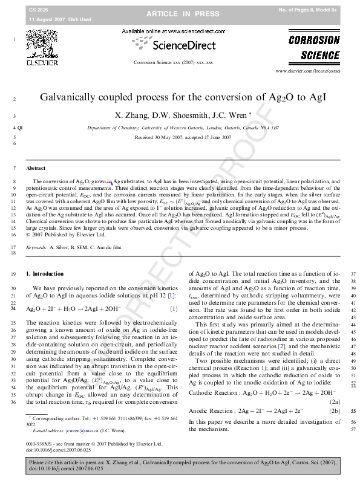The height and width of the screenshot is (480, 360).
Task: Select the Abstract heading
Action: pyautogui.click(x=35, y=168)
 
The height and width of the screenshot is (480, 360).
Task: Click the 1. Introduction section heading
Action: pyautogui.click(x=44, y=274)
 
